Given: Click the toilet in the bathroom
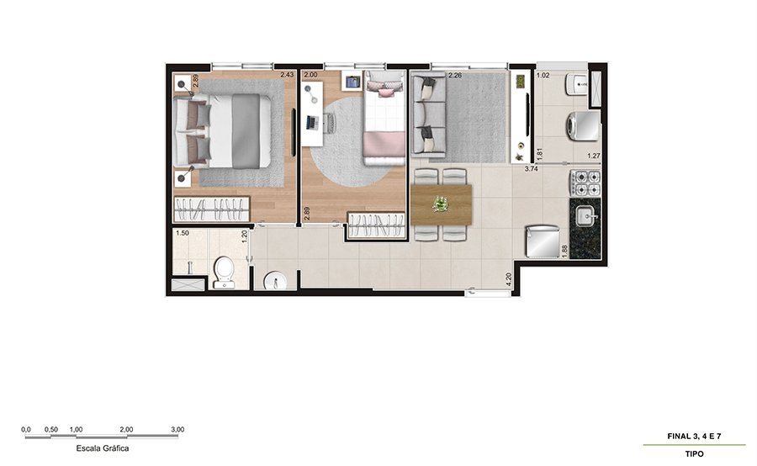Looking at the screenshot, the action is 224,273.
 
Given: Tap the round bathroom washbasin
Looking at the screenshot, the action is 275,281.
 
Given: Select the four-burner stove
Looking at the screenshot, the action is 585,183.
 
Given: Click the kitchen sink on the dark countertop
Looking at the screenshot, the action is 587,215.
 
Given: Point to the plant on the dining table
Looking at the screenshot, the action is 440,204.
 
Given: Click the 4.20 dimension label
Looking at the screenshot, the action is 508,280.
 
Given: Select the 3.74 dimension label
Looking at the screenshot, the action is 531,169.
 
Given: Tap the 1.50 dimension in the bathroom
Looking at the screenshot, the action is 182,233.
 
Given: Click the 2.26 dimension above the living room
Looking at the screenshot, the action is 455,75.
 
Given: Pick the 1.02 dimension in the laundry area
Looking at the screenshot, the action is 543,75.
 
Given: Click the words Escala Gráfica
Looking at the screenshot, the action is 103,448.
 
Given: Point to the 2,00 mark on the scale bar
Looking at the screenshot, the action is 126,429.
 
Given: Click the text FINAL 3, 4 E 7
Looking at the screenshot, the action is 694,436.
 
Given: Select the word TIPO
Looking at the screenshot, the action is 694,454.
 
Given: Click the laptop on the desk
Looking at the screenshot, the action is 312,123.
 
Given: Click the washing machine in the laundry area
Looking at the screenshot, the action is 583,126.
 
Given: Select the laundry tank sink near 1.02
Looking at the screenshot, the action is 576,84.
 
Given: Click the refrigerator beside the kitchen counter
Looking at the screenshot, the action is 543,241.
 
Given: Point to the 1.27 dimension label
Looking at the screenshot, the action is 594,156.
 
